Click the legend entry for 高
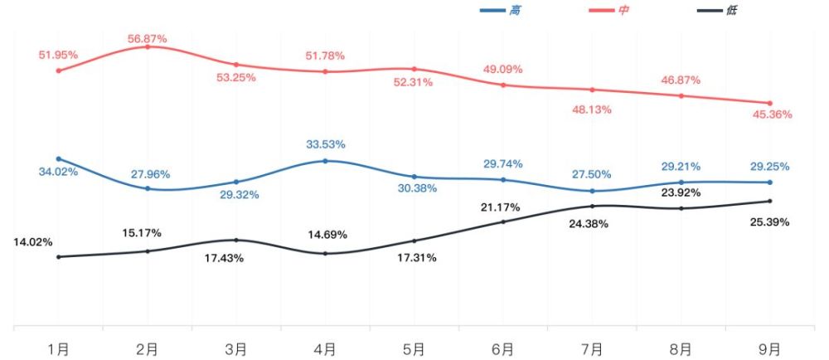coord(500,10)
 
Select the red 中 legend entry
coord(608,10)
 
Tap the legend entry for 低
coord(716,10)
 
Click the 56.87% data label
coord(147,39)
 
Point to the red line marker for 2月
coord(148,47)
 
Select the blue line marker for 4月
coord(325,161)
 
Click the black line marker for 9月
coord(770,201)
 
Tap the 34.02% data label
coord(58,171)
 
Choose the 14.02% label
coord(33,243)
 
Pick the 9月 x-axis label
coord(770,349)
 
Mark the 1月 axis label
coord(58,349)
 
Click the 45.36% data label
coord(773,114)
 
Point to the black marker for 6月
coord(503,221)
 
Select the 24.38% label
coord(589,224)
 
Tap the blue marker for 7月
coord(592,191)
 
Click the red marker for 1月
coord(59,71)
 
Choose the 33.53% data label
coord(325,144)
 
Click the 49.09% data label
coord(503,69)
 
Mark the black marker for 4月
coord(325,254)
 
